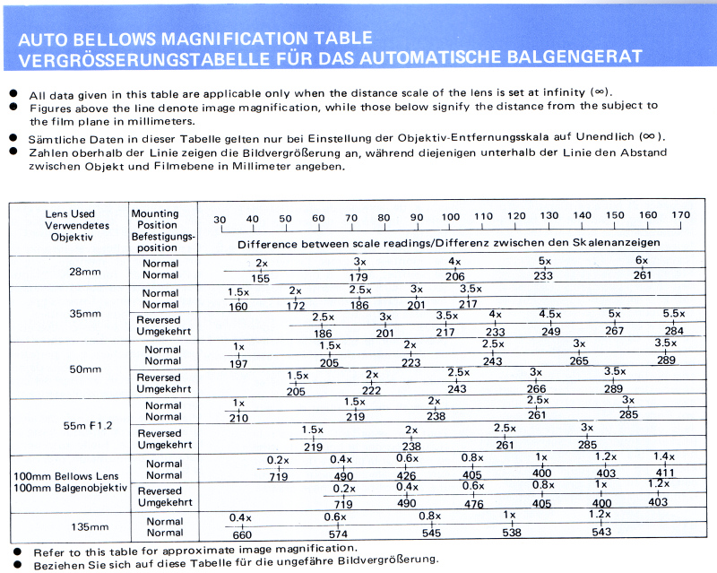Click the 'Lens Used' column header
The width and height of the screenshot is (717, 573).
(70, 214)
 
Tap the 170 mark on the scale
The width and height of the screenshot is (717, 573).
(681, 215)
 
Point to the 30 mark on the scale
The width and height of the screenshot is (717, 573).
(220, 220)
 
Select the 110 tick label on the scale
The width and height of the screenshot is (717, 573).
(483, 216)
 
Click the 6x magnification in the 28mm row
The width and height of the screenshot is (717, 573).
(642, 260)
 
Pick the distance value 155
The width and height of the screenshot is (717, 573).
(260, 278)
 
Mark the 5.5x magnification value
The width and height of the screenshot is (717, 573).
(673, 314)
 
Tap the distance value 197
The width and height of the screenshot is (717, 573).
(239, 362)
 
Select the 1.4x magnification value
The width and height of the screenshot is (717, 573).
(663, 456)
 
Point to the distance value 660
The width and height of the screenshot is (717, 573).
(241, 535)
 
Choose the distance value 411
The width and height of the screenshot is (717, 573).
(664, 473)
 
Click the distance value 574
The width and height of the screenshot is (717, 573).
(335, 534)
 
